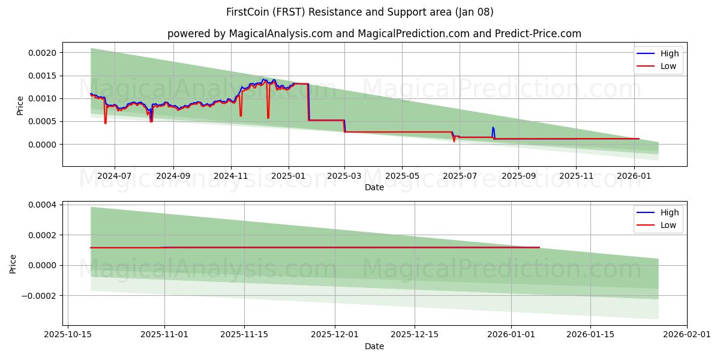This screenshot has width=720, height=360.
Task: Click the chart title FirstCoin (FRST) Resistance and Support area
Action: pos(360,12)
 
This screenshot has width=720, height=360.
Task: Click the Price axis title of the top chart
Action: pos(20,105)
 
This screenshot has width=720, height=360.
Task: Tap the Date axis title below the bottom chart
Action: pos(374,346)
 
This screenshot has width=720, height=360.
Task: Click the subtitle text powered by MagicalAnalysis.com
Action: pos(374,34)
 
